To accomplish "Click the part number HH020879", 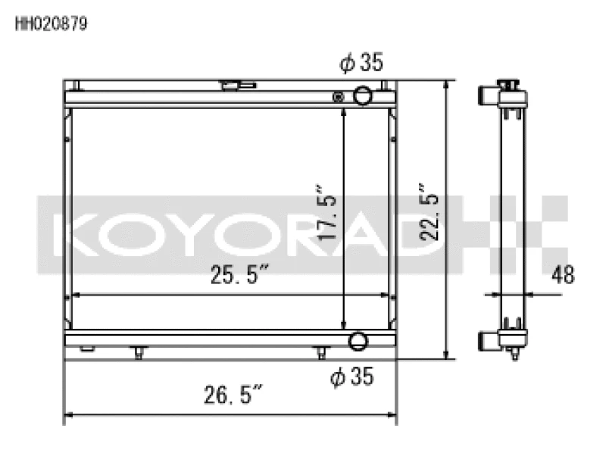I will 51,23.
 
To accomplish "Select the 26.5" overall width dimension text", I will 233,395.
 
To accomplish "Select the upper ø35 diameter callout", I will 362,64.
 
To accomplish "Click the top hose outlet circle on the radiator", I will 363,96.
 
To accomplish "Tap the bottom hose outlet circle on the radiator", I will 357,341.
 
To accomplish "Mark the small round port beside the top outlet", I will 339,96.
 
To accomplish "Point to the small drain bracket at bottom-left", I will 86,349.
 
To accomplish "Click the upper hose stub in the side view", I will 488,96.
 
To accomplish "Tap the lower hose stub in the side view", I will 488,340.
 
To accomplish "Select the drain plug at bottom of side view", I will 514,355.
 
